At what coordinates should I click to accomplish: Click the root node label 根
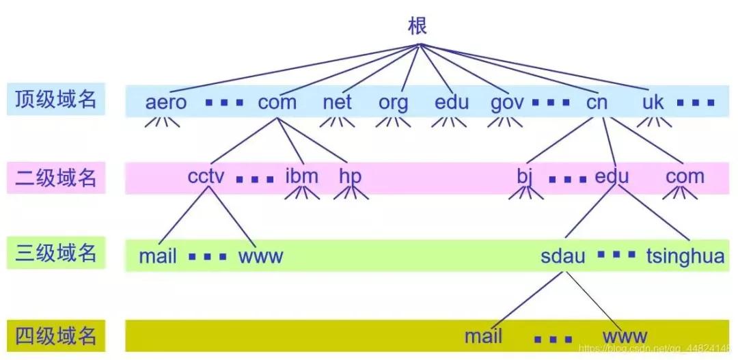[x=418, y=27]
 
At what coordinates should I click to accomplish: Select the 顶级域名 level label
[x=56, y=100]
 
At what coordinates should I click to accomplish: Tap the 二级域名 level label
[x=56, y=178]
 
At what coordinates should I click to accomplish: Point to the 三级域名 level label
[x=56, y=254]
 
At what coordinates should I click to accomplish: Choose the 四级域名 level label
[x=56, y=335]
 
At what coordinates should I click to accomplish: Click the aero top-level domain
[x=166, y=102]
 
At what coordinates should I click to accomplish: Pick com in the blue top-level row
[x=277, y=102]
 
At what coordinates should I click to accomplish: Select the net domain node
[x=337, y=102]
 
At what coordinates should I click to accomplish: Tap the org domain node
[x=394, y=102]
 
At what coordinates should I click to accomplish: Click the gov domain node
[x=507, y=102]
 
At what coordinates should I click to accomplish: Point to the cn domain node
[x=597, y=102]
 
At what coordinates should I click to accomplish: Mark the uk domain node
[x=653, y=102]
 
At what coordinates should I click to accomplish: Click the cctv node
[x=206, y=176]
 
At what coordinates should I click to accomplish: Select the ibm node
[x=301, y=176]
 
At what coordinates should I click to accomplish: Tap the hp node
[x=350, y=177]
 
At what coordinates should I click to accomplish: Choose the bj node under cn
[x=524, y=177]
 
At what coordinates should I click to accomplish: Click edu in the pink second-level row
[x=612, y=176]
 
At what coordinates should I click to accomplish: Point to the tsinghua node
[x=685, y=256]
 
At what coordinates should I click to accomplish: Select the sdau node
[x=563, y=256]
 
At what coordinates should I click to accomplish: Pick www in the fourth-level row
[x=625, y=336]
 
